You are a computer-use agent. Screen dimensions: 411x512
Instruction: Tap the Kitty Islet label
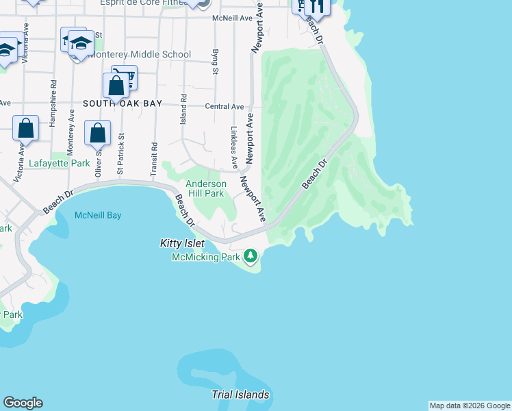[x=182, y=243]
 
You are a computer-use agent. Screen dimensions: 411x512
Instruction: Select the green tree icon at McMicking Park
[x=251, y=256]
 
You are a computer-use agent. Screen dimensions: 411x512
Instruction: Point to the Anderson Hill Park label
[x=206, y=188]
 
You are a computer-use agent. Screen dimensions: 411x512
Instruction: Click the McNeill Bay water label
[x=97, y=215]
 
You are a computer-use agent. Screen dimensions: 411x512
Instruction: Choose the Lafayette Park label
[x=60, y=164]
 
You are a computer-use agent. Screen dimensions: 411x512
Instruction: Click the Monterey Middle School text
[x=140, y=55]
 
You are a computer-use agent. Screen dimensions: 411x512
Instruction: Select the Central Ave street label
[x=225, y=107]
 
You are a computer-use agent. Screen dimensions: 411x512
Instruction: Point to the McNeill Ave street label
[x=233, y=18]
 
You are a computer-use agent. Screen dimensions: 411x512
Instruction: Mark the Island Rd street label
[x=183, y=110]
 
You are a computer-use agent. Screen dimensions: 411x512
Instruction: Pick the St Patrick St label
[x=121, y=158]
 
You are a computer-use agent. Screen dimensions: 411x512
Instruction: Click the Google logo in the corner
[x=23, y=403]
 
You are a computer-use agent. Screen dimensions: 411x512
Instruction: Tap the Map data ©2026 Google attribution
[x=469, y=406]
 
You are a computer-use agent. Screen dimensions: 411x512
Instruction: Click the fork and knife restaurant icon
[x=316, y=5]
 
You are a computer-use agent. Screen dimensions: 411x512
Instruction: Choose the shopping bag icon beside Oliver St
[x=97, y=132]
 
